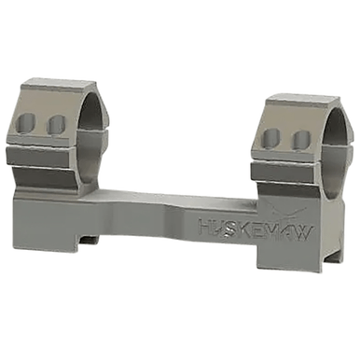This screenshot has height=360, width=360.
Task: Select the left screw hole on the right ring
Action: click(x=270, y=139)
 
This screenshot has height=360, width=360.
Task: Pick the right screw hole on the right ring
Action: click(x=300, y=140)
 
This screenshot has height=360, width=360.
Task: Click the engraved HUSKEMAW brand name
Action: click(x=256, y=228)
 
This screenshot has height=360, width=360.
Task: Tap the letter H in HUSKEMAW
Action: click(x=204, y=227)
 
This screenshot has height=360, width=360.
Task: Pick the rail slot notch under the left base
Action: click(x=88, y=241)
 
